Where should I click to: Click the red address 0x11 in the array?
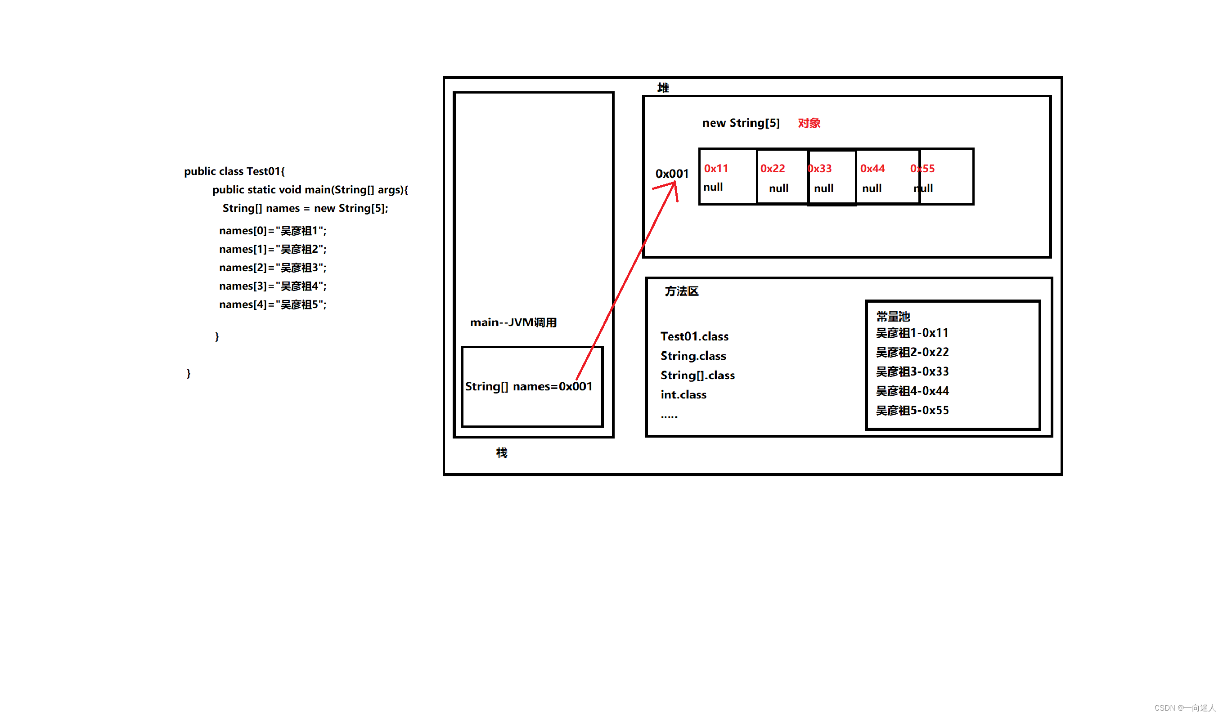coord(716,168)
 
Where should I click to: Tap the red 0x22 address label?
coord(772,168)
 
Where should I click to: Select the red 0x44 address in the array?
coord(872,168)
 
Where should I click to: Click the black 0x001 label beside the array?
coord(672,174)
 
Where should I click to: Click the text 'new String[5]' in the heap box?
coord(741,123)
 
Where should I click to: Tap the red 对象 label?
coord(809,123)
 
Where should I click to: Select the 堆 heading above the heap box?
coord(663,88)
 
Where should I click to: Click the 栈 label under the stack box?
coord(502,452)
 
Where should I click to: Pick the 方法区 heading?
coord(681,291)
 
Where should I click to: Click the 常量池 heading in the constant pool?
coord(893,317)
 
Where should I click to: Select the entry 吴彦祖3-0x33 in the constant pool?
coord(912,371)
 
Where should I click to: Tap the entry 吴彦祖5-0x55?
coord(912,410)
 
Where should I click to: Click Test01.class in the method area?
coord(694,337)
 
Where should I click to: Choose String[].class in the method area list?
coord(697,376)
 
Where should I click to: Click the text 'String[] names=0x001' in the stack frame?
coord(529,387)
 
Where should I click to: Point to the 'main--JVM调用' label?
coord(513,322)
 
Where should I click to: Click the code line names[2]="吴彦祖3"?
coord(273,268)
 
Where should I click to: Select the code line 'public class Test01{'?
coord(234,171)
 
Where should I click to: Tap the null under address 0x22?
coord(778,188)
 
